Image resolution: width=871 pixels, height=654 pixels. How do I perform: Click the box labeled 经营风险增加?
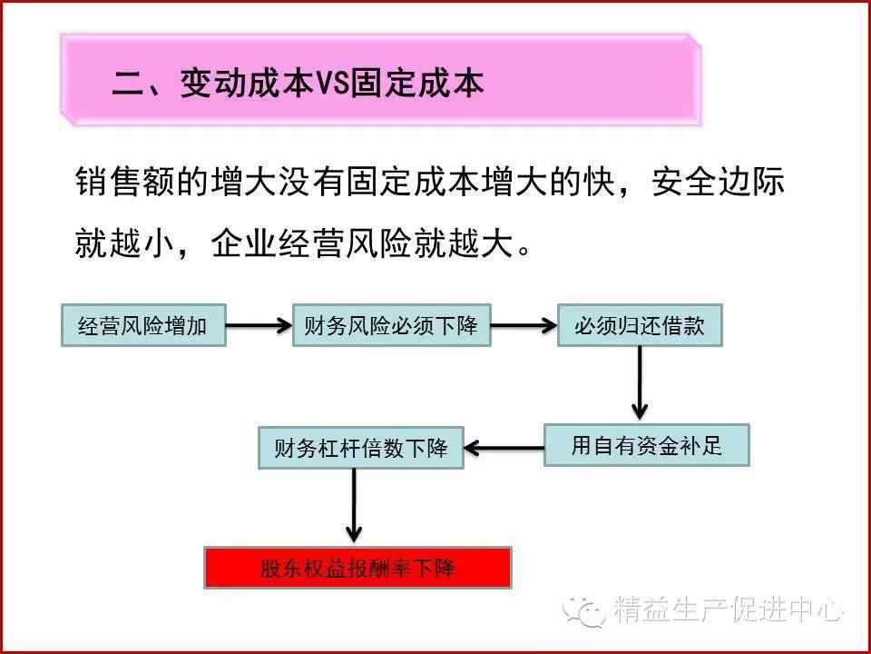point(143,325)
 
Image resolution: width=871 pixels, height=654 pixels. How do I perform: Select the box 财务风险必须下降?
point(392,325)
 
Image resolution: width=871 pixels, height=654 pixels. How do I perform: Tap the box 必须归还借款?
point(640,325)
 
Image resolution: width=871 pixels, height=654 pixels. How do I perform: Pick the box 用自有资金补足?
point(647,445)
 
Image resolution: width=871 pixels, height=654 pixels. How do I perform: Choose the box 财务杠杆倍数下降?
point(361,448)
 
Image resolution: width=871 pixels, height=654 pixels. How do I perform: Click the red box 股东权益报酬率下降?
point(357,568)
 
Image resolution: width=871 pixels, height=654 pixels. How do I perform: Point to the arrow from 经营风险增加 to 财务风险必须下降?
point(259,325)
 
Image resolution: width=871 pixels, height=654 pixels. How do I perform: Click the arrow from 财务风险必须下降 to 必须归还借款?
point(524,325)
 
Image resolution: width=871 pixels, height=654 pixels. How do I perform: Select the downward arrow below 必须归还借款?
point(640,382)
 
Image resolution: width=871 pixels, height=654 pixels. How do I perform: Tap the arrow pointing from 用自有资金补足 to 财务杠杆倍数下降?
point(504,448)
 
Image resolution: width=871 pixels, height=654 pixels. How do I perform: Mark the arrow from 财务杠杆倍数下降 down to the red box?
point(354,505)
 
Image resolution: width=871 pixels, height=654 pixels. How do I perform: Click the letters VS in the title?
point(332,84)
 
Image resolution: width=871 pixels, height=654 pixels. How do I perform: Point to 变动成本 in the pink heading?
point(247,84)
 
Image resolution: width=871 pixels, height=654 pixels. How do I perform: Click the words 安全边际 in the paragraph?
point(719,182)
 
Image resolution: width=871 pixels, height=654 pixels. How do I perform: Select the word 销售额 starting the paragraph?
point(126,182)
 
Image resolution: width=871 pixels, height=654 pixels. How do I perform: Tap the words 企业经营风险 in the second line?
point(312,243)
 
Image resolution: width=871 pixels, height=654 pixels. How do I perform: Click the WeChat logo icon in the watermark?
point(584,610)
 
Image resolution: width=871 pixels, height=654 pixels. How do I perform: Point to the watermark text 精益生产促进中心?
point(729,609)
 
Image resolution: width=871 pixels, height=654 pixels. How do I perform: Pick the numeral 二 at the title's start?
point(128,84)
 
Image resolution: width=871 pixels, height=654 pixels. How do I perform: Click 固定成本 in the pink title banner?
point(416,84)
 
